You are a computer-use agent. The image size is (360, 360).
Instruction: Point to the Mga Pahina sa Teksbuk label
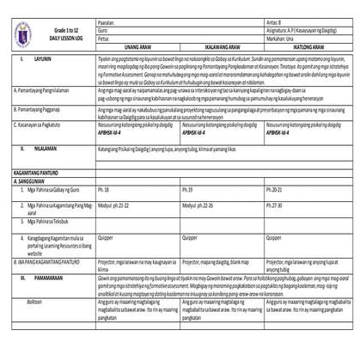(52, 221)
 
